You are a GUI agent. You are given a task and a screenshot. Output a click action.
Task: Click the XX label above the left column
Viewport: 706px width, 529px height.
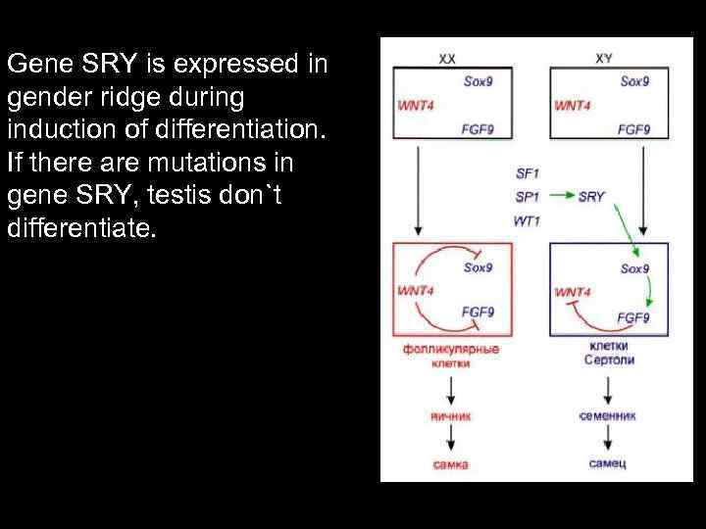447,59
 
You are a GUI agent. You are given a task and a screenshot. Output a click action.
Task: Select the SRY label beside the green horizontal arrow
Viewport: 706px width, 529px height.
591,197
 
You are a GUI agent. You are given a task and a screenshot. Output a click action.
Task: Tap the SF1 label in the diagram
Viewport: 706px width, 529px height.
527,173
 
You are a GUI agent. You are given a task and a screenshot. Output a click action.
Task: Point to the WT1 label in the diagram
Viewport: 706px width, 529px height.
527,220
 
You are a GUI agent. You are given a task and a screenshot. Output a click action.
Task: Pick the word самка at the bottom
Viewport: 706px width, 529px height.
450,463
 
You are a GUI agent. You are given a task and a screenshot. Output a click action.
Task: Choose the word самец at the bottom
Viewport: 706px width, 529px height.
608,463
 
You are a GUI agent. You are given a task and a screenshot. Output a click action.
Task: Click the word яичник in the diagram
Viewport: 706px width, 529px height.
450,415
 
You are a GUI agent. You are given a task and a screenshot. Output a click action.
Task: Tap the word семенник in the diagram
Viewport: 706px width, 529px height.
608,415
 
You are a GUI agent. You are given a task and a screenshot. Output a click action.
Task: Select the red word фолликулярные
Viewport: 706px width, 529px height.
450,350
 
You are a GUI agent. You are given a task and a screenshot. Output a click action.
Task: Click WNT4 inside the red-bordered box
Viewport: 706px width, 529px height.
416,290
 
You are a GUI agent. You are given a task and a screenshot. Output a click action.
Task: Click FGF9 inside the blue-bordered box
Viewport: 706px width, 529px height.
633,317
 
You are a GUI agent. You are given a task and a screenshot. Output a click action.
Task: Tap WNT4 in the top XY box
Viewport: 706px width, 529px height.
573,105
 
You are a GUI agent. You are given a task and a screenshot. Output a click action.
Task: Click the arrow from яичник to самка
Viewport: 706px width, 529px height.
450,439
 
